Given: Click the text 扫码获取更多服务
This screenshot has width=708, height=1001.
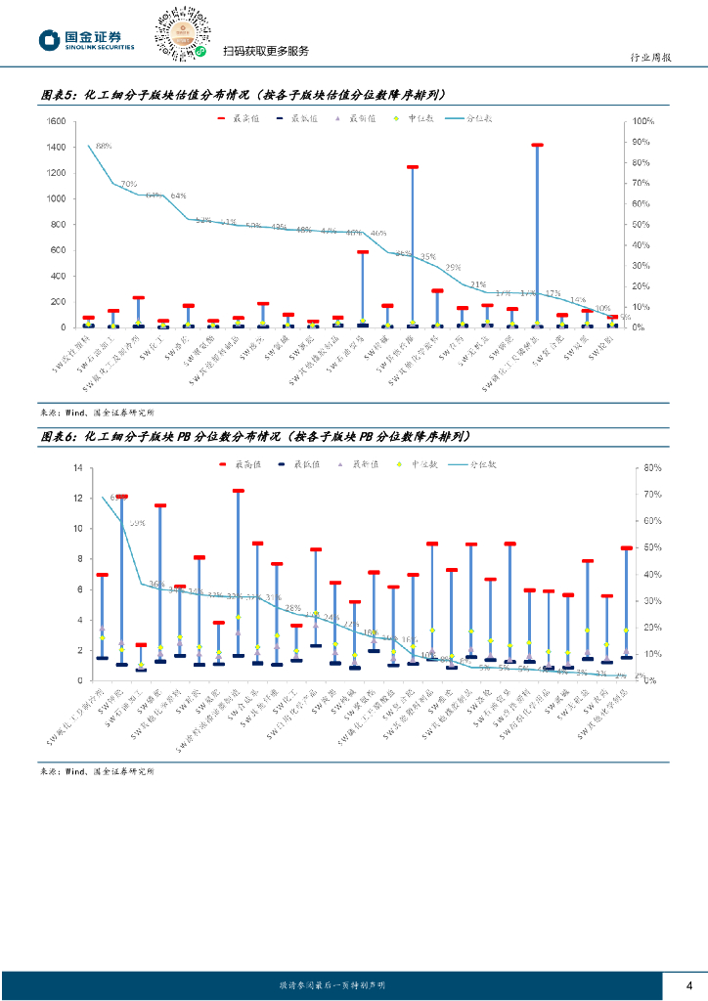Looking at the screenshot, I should point(265,52).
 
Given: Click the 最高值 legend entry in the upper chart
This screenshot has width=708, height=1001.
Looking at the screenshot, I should point(232,117).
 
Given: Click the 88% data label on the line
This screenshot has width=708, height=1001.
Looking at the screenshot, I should point(103,146).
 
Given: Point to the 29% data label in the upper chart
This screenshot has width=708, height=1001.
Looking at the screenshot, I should point(453,267).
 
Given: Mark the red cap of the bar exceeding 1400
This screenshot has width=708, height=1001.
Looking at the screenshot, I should point(537,145).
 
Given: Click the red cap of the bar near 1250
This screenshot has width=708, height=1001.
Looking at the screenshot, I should point(413,167).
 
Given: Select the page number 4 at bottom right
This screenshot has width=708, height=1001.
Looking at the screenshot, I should point(689,984).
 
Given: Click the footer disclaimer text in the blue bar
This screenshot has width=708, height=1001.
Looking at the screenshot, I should point(332,985).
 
